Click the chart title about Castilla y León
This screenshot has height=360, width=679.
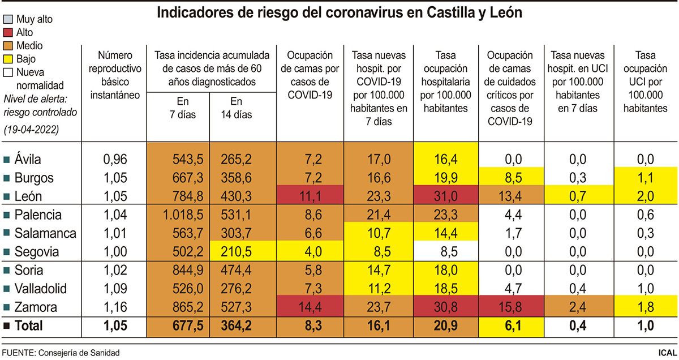[x=339, y=12]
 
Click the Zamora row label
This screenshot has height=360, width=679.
[x=37, y=307]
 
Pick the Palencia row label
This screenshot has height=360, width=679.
[x=40, y=215]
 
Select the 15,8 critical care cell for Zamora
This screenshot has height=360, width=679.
[x=511, y=307]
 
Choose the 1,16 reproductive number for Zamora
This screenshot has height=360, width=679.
[x=115, y=307]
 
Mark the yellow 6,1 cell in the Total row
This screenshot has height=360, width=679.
[x=511, y=326]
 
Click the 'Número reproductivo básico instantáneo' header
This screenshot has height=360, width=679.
[x=115, y=75]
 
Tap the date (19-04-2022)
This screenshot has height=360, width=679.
[x=31, y=130]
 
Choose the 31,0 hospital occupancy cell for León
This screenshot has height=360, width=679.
[x=446, y=196]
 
